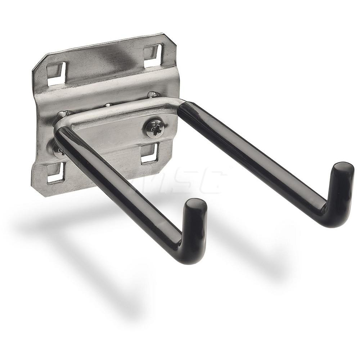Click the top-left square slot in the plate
click(x=57, y=73)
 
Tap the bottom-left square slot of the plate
click(x=56, y=172)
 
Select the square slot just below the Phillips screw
click(x=149, y=153)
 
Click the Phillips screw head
click(x=155, y=129)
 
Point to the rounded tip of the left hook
click(x=196, y=206)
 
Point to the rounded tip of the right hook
click(x=343, y=169)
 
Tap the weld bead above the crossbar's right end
click(x=153, y=95)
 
